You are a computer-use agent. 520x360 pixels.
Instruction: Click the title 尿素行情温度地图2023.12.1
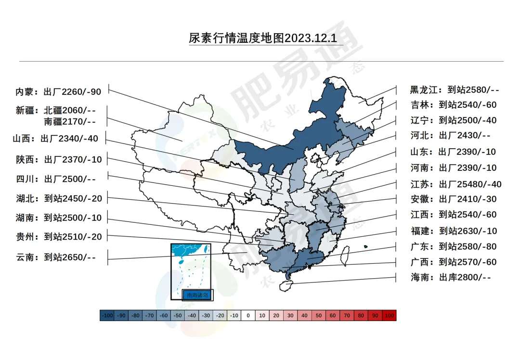(x=262, y=38)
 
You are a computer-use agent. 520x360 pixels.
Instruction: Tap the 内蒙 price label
(x=58, y=92)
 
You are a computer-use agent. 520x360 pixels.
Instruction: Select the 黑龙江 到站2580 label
(x=455, y=90)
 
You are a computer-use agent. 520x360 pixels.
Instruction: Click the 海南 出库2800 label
(x=450, y=277)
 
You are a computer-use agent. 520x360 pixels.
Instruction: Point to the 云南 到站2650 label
(x=56, y=257)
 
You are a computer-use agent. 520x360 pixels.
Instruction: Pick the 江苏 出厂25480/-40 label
(x=455, y=184)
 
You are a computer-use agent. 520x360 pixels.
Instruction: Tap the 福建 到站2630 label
(x=453, y=231)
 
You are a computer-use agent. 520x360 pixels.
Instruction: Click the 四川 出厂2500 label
(x=56, y=179)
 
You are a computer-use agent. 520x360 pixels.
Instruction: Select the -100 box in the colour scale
(x=107, y=316)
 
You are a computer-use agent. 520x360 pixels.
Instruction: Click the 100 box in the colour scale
(x=390, y=316)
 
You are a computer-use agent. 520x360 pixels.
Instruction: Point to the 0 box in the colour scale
(x=248, y=316)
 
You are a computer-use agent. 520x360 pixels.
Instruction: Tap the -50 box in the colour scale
(x=178, y=316)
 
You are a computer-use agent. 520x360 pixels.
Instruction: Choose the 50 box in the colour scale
(x=319, y=316)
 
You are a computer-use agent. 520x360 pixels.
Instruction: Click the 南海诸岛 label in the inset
(x=198, y=295)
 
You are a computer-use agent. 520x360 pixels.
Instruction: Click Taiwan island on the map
(x=345, y=256)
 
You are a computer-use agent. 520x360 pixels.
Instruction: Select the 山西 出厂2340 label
(x=55, y=139)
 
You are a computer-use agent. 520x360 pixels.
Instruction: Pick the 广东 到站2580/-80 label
(x=453, y=246)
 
